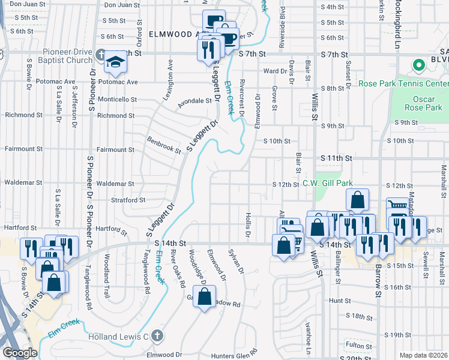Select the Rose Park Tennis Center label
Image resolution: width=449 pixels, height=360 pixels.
coord(403,83)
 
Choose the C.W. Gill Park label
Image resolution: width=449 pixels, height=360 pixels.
coord(327,183)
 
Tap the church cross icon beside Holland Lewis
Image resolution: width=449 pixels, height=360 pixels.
coord(157,336)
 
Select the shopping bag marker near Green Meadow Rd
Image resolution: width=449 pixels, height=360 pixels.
coord(204,296)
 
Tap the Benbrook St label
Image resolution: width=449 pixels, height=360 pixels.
coord(164,145)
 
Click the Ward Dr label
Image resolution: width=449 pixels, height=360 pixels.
coord(276,71)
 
